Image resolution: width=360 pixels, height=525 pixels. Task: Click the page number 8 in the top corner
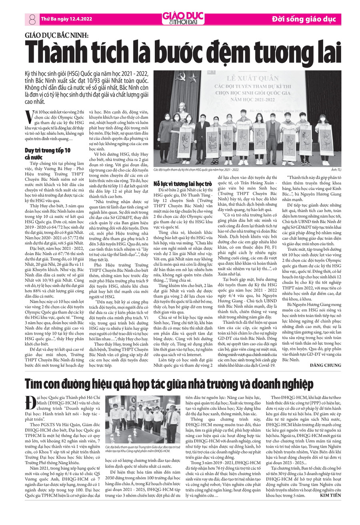[x=32, y=18]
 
